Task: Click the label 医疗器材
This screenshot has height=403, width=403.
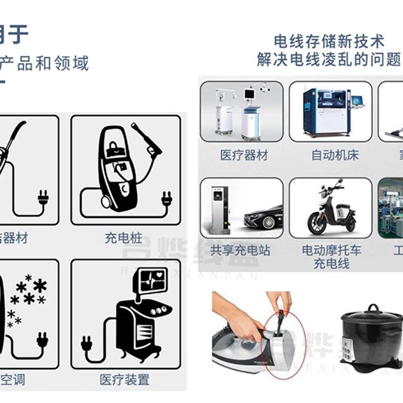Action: (x=244, y=155)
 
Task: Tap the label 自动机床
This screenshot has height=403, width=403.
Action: (x=335, y=155)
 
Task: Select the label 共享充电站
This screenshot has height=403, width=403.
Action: (x=240, y=250)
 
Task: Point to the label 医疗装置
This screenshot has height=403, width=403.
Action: (x=124, y=379)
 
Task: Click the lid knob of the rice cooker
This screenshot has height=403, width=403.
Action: (x=373, y=308)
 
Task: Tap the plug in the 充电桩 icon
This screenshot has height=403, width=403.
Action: (x=167, y=199)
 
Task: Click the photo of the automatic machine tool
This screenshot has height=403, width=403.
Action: (x=330, y=112)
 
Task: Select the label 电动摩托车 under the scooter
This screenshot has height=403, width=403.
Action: (x=331, y=250)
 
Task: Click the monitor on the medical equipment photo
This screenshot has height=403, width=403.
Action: (x=250, y=94)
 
